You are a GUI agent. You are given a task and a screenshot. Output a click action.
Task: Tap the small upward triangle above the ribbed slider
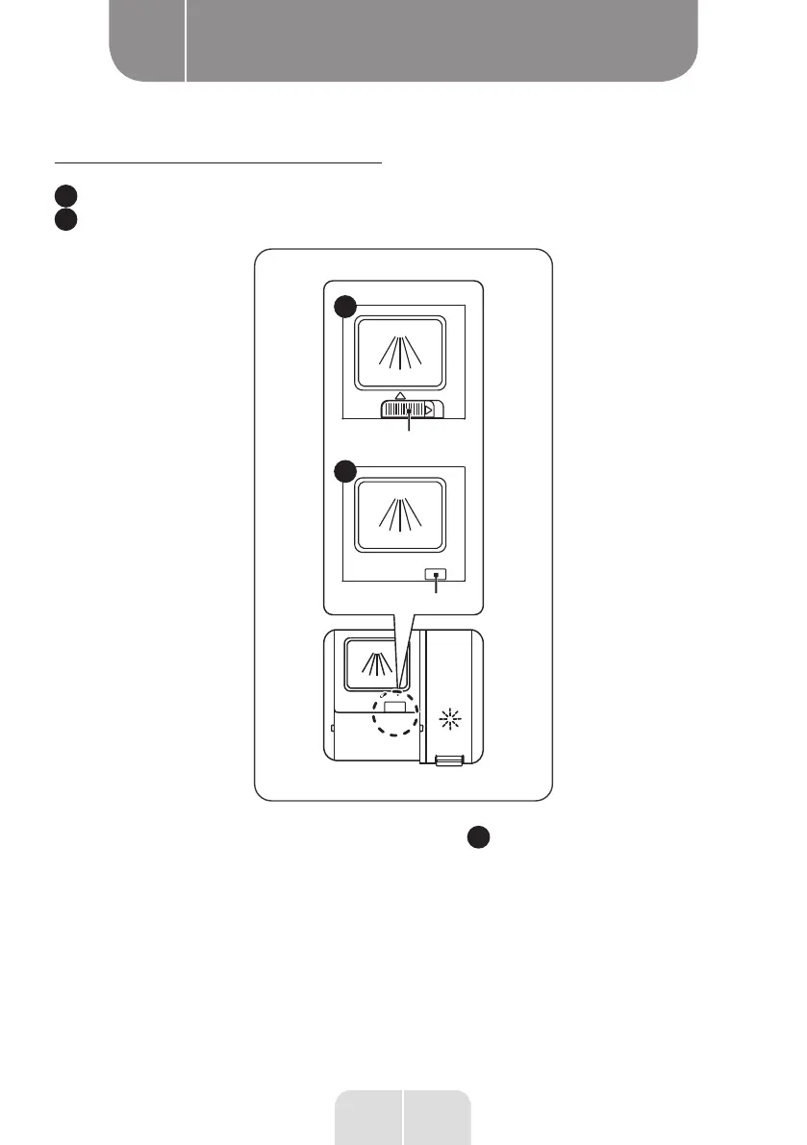coord(400,395)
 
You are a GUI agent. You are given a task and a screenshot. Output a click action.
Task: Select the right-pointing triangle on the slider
coord(428,410)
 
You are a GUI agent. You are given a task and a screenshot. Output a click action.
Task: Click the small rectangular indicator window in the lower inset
coord(438,575)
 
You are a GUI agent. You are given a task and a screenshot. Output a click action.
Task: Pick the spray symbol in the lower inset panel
coord(400,515)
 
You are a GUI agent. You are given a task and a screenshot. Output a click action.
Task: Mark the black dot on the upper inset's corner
coord(343,307)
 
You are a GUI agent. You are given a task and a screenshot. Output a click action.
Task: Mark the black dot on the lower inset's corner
coord(343,471)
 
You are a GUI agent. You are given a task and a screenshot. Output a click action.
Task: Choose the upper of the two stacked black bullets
coord(63,196)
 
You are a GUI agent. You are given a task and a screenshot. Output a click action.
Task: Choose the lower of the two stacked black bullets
coord(63,220)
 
